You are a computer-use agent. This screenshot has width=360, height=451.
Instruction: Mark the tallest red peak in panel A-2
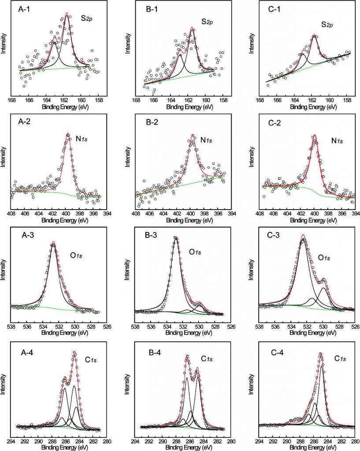[67, 134]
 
